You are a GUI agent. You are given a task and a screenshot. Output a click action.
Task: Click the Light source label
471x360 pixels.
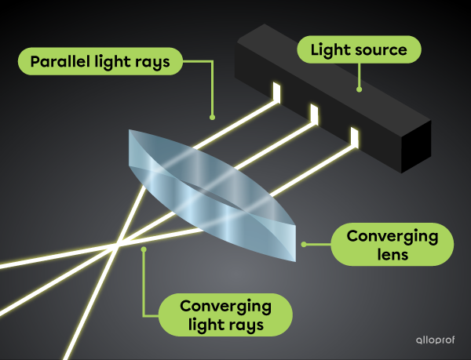tap(359, 50)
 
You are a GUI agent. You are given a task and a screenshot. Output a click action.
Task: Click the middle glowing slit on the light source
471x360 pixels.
tap(315, 115)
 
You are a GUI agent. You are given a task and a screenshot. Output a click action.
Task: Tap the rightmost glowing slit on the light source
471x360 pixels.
tap(354, 139)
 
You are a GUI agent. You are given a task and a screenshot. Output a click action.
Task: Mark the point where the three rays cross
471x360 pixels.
tap(116, 245)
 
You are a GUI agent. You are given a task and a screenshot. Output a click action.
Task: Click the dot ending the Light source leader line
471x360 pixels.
tap(360, 89)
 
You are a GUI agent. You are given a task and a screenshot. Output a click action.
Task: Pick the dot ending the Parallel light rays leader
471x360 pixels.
tap(212, 118)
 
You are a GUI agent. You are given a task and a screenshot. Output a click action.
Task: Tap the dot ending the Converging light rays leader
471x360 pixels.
tap(143, 249)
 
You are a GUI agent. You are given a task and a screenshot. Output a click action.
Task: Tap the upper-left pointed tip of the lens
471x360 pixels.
tap(130, 133)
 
